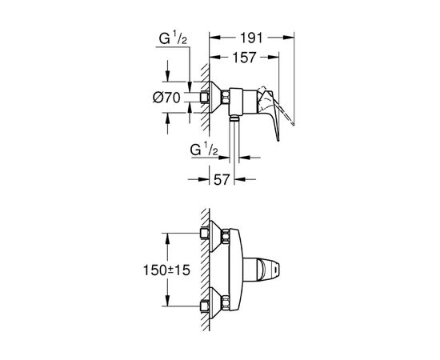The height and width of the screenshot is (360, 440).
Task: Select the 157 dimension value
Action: pyautogui.click(x=245, y=58)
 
